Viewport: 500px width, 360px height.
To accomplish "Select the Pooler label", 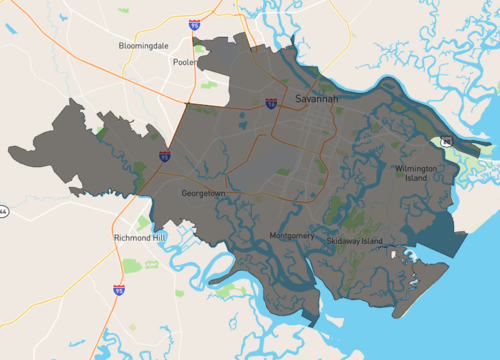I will [185, 61].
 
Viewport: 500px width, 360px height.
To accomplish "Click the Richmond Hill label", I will [139, 238].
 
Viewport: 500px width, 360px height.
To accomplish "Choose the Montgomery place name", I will [292, 236].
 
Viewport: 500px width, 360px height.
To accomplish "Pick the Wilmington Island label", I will [416, 173].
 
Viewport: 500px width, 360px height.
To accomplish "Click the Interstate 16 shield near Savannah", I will [271, 104].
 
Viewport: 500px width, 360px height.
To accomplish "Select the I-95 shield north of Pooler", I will [195, 22].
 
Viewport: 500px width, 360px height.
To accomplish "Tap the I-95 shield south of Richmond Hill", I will [119, 289].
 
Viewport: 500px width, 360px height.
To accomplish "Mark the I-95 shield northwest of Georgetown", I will [164, 156].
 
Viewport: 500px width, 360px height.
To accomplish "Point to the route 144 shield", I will [3, 212].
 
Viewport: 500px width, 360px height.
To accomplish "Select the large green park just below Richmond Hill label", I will [132, 265].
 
